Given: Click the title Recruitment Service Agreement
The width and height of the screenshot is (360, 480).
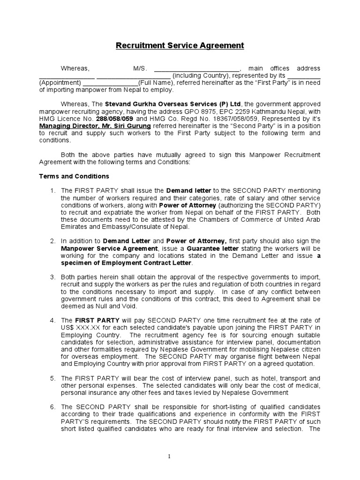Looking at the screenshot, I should click(180, 45).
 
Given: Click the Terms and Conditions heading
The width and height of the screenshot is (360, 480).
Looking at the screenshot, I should click(74, 176).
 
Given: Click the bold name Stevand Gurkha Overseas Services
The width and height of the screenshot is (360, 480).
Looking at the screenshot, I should click(160, 104).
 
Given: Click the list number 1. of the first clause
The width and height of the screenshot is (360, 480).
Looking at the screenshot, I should click(53, 191).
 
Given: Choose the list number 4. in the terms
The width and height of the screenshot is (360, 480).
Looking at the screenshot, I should click(53, 320).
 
